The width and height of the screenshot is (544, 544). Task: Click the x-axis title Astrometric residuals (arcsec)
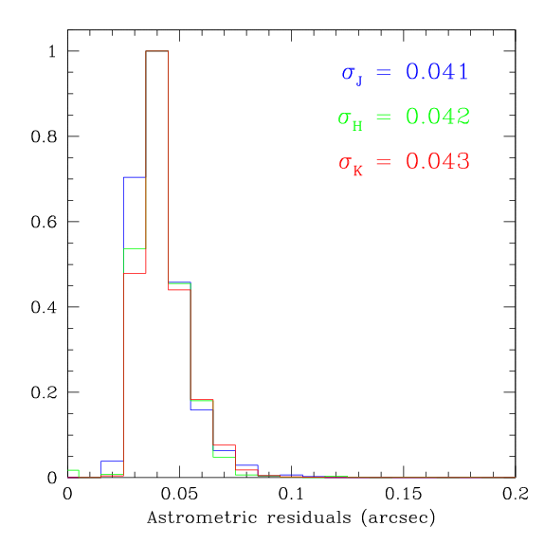click(291, 519)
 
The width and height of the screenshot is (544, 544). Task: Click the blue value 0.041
click(437, 72)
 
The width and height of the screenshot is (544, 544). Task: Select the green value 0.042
click(437, 117)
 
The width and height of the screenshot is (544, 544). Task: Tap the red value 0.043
click(437, 161)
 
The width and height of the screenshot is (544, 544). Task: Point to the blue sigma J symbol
click(351, 74)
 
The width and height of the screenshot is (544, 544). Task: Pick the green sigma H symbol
click(351, 118)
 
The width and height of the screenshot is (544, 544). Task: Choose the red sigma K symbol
click(351, 163)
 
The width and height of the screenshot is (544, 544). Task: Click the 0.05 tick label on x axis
click(179, 495)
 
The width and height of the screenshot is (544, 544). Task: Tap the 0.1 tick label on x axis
click(291, 495)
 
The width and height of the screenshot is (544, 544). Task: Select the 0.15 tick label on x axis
click(403, 495)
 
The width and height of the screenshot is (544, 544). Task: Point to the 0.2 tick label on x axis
click(515, 495)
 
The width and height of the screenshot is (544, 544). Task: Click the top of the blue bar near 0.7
click(135, 177)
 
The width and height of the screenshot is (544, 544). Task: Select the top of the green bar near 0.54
click(135, 248)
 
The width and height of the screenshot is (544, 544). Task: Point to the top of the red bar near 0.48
click(135, 273)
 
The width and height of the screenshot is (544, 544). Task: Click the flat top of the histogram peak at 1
click(156, 51)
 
